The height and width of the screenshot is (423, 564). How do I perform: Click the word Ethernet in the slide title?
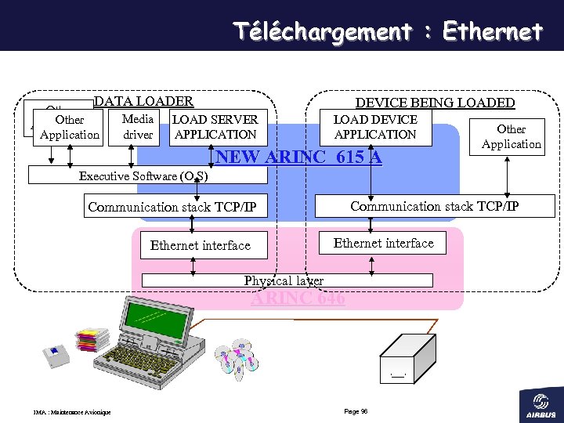click(x=492, y=31)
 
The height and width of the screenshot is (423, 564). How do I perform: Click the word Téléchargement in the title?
click(x=322, y=31)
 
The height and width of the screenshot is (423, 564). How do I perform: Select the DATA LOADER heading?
click(x=143, y=101)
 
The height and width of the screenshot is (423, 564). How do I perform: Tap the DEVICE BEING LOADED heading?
click(x=435, y=103)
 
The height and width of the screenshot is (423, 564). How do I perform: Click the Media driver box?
click(x=138, y=127)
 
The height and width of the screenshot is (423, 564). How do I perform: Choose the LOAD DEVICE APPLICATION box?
click(x=375, y=127)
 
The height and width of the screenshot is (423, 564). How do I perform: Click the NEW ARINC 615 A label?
click(x=298, y=157)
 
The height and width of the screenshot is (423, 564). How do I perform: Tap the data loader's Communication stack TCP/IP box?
click(x=177, y=207)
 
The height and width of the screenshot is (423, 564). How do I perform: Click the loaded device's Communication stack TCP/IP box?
click(x=434, y=206)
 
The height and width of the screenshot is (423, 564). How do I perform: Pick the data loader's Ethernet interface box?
click(x=200, y=245)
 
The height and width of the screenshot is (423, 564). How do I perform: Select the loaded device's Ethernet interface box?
click(x=383, y=243)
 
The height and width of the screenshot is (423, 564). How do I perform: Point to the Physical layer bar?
click(x=287, y=280)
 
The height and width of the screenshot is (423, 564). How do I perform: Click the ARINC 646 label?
click(x=298, y=298)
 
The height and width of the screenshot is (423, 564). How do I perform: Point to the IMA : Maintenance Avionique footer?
click(x=72, y=412)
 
